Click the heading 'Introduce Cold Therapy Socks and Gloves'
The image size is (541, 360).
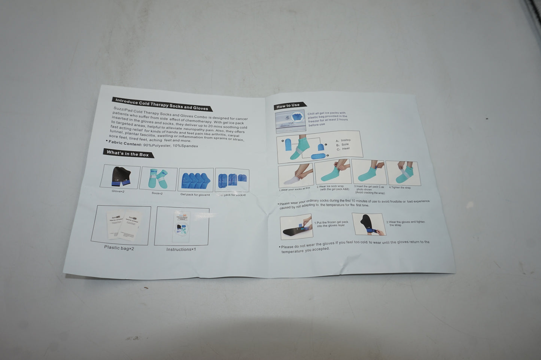tap(162, 104)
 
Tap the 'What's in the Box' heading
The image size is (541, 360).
tap(128, 153)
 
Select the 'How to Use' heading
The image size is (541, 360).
tap(288, 106)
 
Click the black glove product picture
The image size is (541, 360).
tap(120, 176)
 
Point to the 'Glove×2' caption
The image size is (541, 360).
tap(118, 191)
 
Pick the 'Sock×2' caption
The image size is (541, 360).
tap(157, 193)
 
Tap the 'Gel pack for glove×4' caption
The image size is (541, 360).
tap(195, 195)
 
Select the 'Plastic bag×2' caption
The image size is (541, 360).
tap(119, 248)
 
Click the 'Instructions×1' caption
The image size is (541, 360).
tap(181, 249)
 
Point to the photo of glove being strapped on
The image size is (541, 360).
tap(368, 224)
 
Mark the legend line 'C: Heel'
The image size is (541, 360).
tap(343, 149)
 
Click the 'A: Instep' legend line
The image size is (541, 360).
tap(343, 140)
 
